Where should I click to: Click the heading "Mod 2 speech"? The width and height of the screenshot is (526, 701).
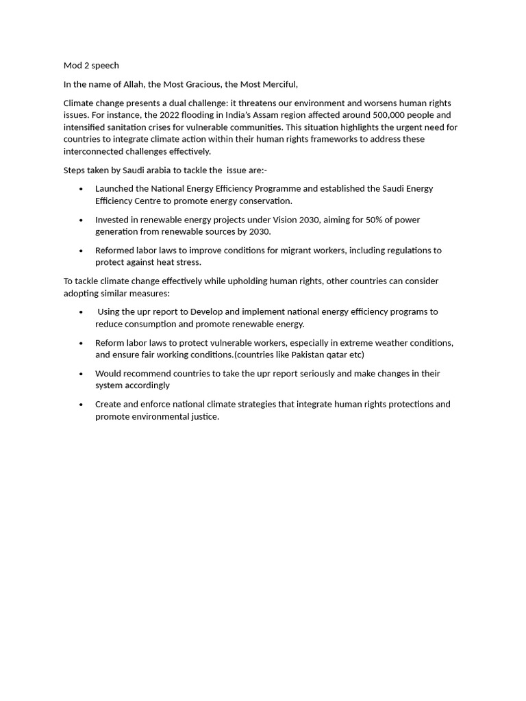[91, 66]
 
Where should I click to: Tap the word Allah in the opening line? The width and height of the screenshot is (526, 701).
[133, 84]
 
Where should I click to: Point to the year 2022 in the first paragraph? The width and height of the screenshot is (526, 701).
[169, 115]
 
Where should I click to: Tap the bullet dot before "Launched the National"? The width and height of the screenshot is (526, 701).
[82, 189]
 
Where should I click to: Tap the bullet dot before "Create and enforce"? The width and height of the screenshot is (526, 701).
[82, 405]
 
